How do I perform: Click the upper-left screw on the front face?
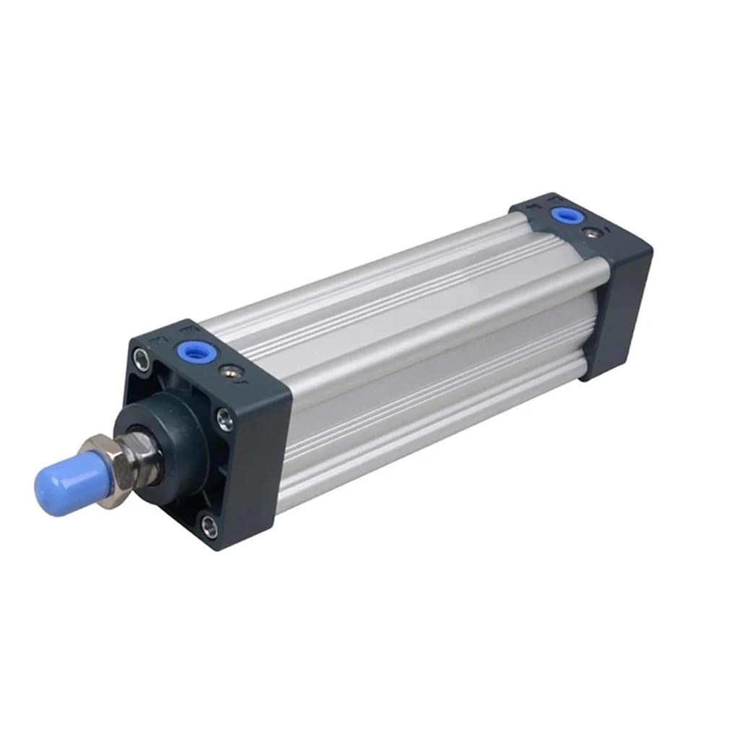141,359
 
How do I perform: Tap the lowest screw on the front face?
209,524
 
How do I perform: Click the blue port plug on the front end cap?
190,351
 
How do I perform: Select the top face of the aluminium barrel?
390,289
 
